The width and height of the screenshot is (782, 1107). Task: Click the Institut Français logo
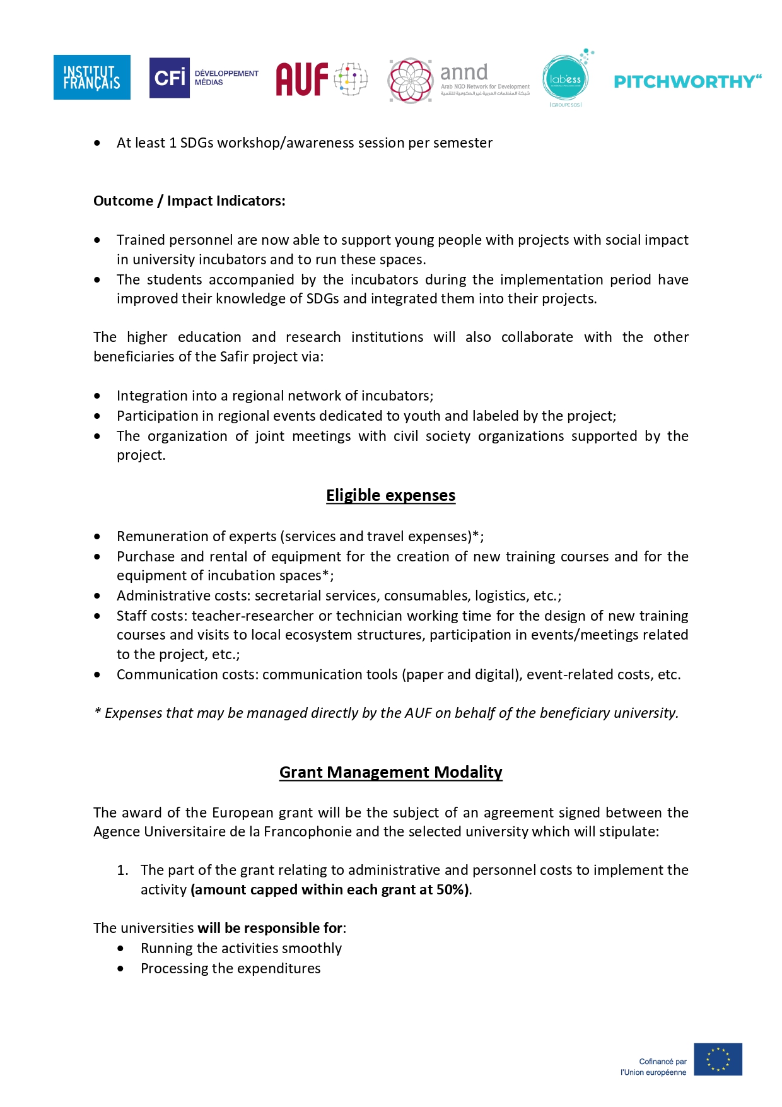(x=92, y=77)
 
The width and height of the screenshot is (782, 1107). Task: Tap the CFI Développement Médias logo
(x=204, y=78)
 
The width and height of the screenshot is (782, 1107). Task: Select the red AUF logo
(x=320, y=79)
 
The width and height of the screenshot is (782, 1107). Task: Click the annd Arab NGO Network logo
(x=459, y=80)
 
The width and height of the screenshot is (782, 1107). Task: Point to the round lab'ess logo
(x=565, y=79)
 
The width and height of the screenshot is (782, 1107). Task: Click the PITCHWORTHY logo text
(x=687, y=81)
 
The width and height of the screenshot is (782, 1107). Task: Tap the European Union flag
(x=718, y=1059)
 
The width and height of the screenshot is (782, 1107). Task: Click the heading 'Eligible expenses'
(x=390, y=495)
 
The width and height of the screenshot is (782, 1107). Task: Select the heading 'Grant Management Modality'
(x=390, y=772)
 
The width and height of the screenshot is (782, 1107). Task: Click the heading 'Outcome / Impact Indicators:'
(x=189, y=201)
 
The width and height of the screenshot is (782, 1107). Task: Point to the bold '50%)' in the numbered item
(x=453, y=889)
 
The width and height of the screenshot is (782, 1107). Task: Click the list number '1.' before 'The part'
(x=122, y=870)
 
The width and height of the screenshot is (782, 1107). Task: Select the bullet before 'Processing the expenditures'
(x=120, y=968)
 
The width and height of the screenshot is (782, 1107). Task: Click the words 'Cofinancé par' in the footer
(x=662, y=1062)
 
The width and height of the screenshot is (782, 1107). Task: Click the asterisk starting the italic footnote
(x=97, y=712)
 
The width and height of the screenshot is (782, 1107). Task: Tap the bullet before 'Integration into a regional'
(x=97, y=395)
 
